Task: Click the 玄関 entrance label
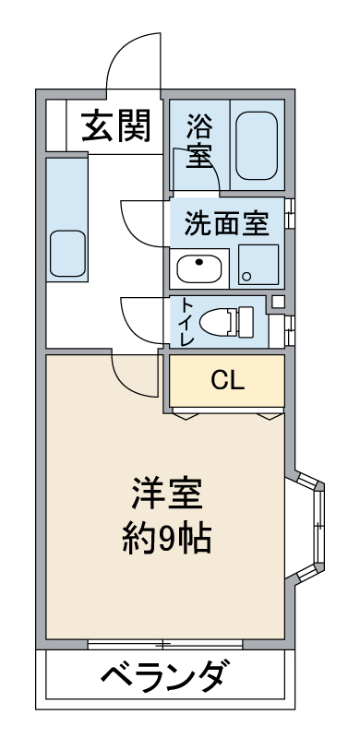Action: pos(116,125)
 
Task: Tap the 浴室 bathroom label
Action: pos(199,141)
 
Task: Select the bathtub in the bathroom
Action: pos(257,146)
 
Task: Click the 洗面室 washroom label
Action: pos(227,223)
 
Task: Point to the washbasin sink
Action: pos(199,268)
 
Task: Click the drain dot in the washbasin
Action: pos(199,262)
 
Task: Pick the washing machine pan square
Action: pos(258,265)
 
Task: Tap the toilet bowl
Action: pos(227,322)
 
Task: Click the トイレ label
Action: pos(186,322)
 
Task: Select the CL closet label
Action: pos(228,380)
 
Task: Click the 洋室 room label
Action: pos(167,494)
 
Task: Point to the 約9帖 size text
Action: pos(167,538)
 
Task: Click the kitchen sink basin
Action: pos(68,253)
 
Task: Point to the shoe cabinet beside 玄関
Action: pos(56,125)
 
